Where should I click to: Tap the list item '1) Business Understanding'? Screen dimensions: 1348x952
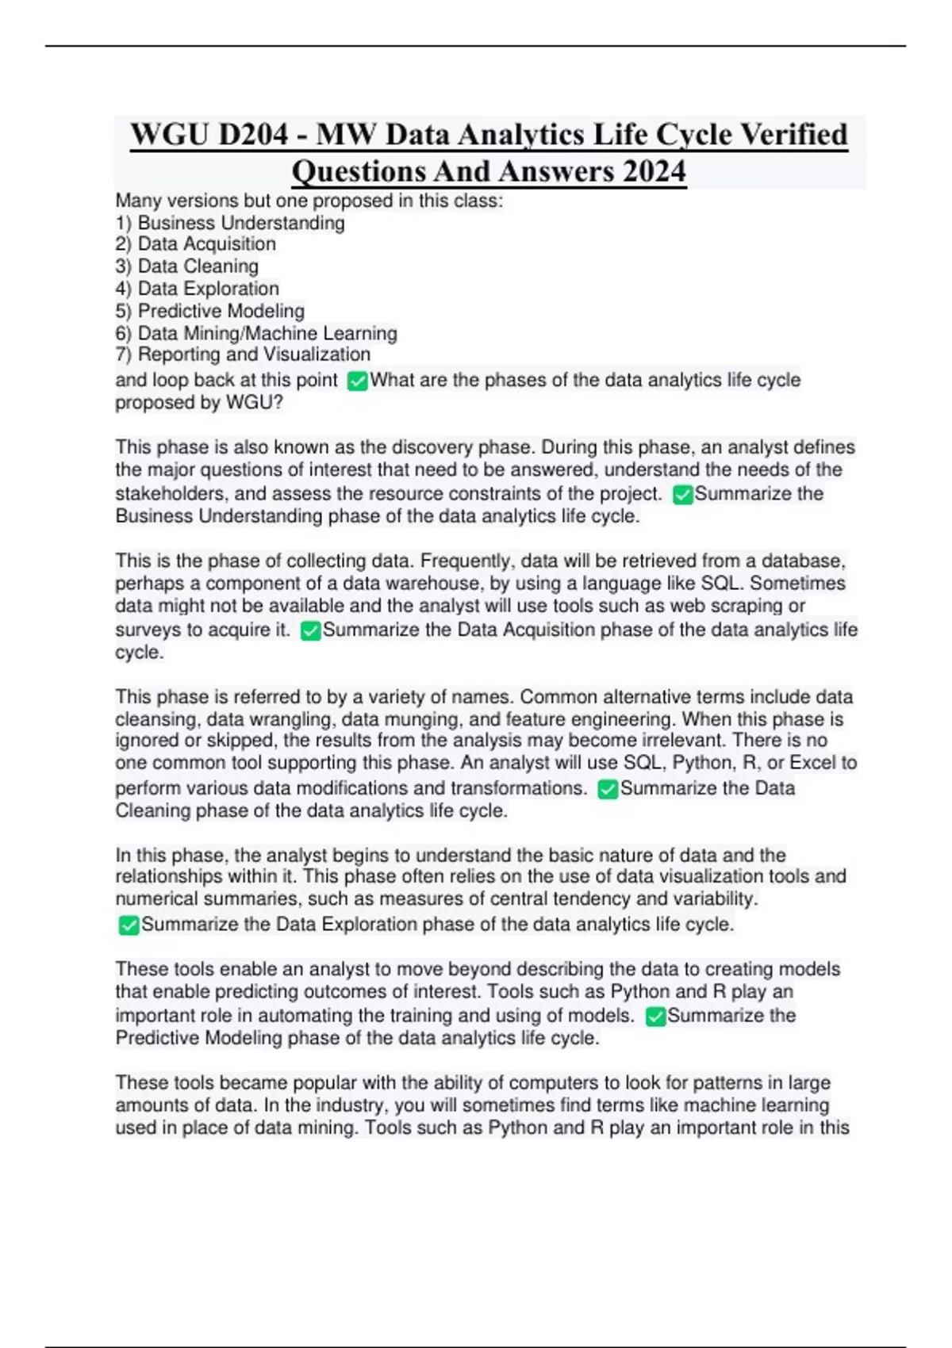(230, 223)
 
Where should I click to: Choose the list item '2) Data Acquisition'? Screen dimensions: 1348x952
(196, 244)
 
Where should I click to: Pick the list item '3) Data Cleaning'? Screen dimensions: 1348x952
(187, 266)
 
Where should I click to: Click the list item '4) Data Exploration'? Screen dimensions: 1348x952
(198, 289)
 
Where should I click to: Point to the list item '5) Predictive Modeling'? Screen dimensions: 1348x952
(210, 311)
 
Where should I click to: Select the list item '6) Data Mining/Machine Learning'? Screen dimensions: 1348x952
(256, 333)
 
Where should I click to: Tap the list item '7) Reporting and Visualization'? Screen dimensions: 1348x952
(243, 354)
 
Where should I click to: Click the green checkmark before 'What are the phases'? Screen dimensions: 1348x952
(358, 381)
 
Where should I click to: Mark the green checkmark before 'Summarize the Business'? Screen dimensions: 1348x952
(682, 495)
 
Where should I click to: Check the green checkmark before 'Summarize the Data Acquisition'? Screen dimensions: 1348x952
(311, 631)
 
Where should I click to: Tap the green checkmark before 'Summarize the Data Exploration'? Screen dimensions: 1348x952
(129, 925)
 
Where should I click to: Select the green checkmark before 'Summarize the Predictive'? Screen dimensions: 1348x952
(655, 1017)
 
